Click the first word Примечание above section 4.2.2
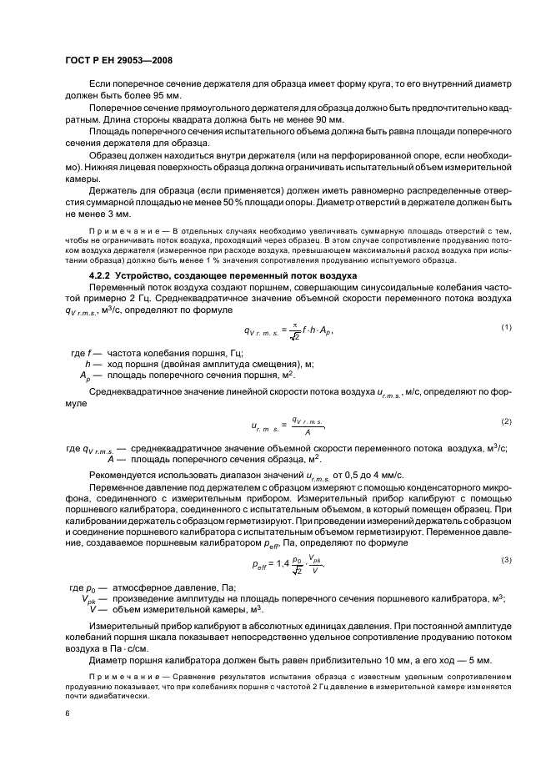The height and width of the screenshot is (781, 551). pos(120,230)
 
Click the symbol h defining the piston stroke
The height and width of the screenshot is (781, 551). pos(87,365)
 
